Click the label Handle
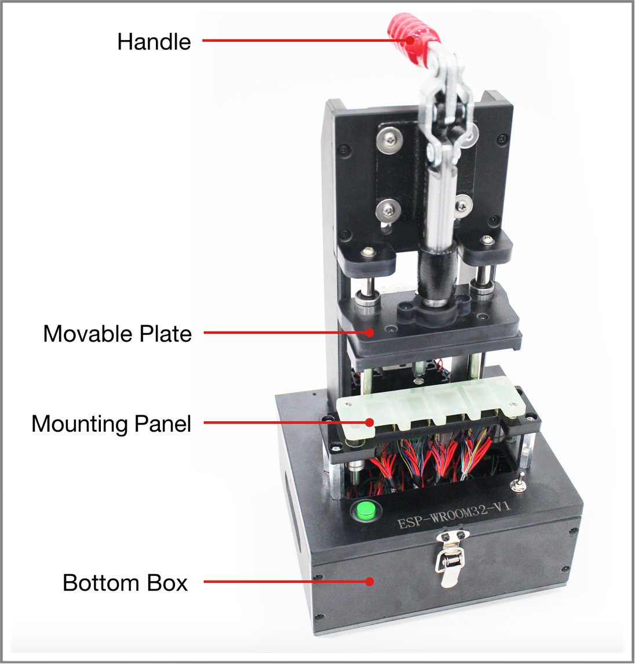click(x=154, y=42)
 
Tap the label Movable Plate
click(x=117, y=334)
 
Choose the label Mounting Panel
click(x=111, y=424)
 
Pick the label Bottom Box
click(x=125, y=582)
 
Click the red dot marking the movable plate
click(x=370, y=333)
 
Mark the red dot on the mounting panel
click(x=370, y=422)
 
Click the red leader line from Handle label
click(x=301, y=41)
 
